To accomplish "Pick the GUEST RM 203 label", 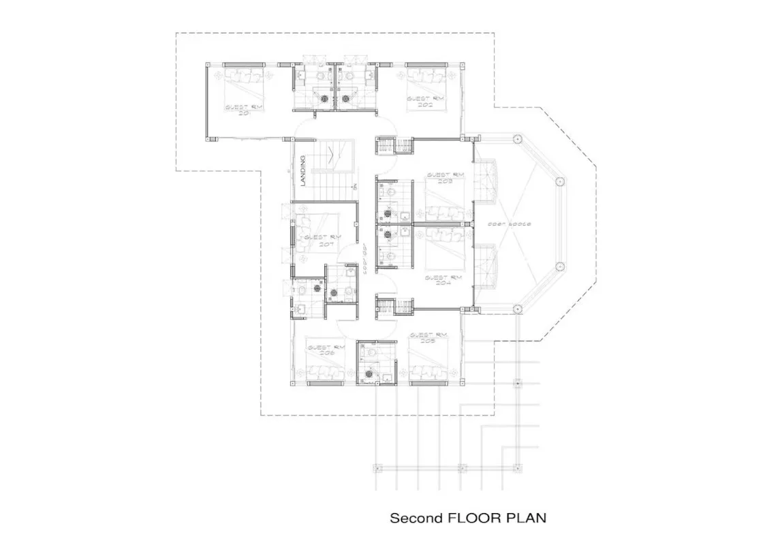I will (446, 179).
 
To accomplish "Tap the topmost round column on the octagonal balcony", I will (516, 139).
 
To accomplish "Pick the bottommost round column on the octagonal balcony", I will (516, 308).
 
